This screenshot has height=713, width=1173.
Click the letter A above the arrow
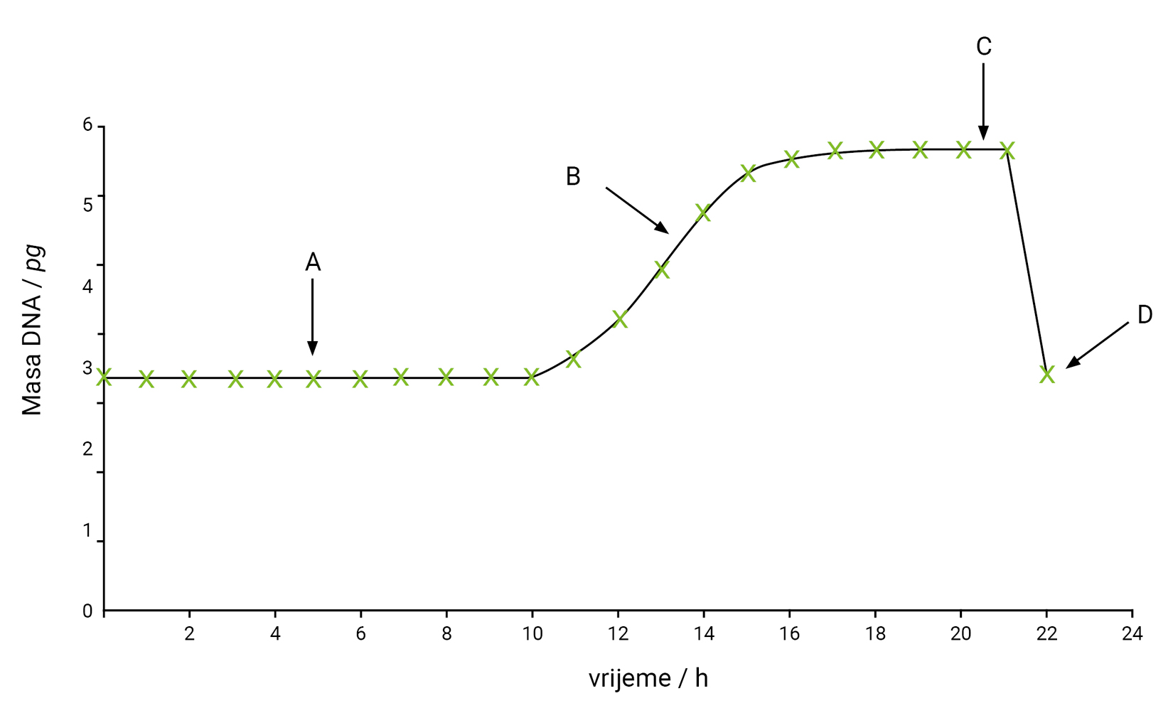tap(313, 263)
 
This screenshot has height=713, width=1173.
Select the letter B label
tap(573, 177)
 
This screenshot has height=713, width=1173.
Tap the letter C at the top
tap(984, 47)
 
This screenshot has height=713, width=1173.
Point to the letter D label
tap(1145, 315)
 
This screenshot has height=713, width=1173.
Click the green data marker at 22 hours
tap(1046, 374)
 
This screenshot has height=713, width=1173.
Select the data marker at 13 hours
tap(662, 270)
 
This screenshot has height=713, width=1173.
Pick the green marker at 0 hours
tap(105, 377)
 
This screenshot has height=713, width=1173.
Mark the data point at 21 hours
tap(1007, 151)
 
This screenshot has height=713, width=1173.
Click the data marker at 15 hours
tap(748, 173)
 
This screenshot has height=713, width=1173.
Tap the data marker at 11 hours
tap(574, 359)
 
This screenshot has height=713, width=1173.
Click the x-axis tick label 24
tap(1132, 634)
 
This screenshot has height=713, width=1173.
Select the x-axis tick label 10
tap(532, 634)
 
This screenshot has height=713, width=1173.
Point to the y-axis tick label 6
tap(87, 125)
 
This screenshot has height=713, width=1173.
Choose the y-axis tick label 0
tap(87, 611)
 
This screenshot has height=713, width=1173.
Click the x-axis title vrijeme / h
tap(648, 679)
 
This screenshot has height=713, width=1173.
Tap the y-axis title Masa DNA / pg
tap(33, 331)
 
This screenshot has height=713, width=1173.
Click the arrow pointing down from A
tap(312, 316)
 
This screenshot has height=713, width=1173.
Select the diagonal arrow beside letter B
tap(637, 210)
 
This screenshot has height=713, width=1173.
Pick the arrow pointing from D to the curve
tap(1097, 345)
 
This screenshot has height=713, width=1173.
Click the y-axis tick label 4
tap(87, 287)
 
